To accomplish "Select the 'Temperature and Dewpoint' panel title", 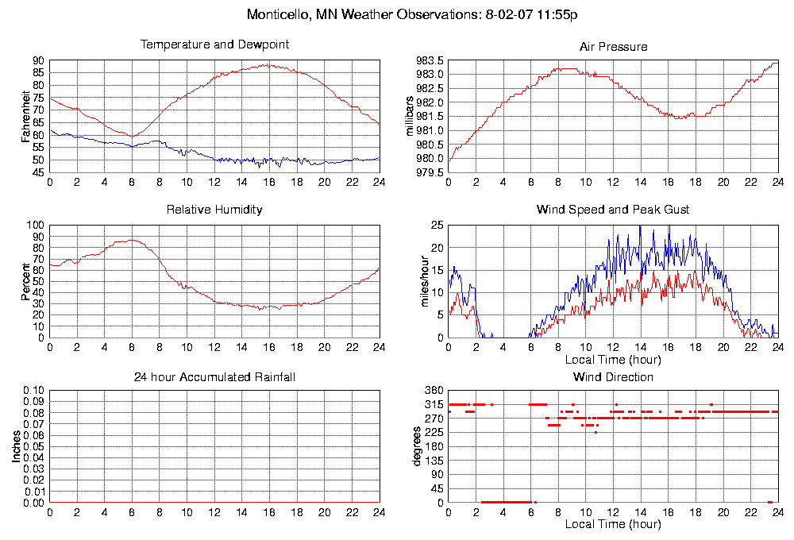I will click(214, 44).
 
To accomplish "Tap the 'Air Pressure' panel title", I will click(613, 47).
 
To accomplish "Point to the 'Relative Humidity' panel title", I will click(214, 210).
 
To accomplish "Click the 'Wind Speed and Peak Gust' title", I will click(613, 210).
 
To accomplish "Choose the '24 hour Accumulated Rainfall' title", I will click(214, 376).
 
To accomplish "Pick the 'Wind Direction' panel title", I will click(613, 376).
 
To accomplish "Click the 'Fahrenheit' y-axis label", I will click(25, 116).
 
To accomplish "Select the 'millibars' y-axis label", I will click(410, 116).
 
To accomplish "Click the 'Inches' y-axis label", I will click(15, 447).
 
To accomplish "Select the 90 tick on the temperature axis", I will click(38, 60).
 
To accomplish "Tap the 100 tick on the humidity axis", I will click(35, 225).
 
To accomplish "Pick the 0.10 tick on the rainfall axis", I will click(33, 391).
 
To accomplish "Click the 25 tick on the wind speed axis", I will click(436, 225).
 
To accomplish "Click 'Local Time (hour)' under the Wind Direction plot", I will click(613, 524).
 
